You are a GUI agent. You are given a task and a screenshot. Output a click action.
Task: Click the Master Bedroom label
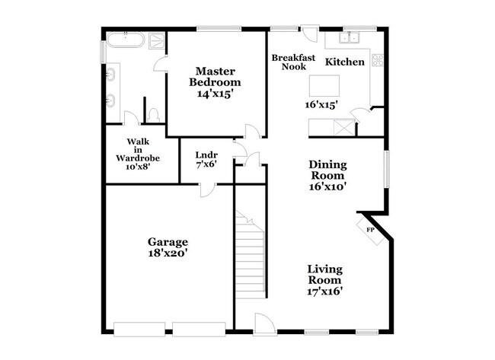pyautogui.click(x=216, y=75)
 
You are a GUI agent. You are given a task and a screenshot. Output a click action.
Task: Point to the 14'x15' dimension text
pyautogui.click(x=216, y=94)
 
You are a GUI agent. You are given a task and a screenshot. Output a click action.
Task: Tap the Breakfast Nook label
pyautogui.click(x=289, y=62)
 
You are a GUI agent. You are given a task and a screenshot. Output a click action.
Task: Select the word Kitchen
pyautogui.click(x=344, y=62)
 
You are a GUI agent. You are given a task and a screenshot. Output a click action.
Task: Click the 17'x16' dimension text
pyautogui.click(x=324, y=290)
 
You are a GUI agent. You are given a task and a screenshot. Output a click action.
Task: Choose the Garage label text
pyautogui.click(x=168, y=242)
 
